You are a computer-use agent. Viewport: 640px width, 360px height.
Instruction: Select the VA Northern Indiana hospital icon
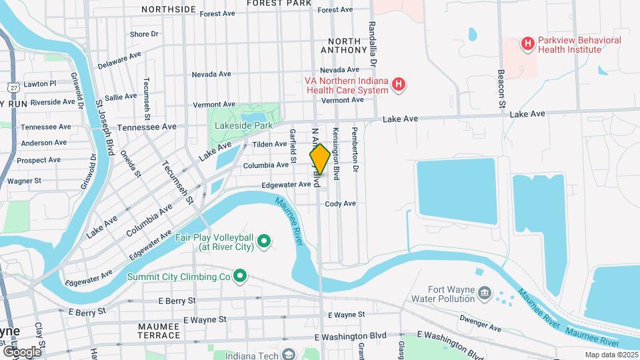coord(399,84)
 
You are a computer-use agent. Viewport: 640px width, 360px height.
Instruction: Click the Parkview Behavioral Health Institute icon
coord(528,45)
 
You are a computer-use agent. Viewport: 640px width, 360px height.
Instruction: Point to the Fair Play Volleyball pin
coord(264,240)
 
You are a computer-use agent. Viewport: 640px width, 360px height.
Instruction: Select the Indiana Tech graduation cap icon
coord(288,354)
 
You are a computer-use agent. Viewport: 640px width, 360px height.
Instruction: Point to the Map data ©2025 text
coord(611,355)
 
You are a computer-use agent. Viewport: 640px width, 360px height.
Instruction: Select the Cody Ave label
coord(341,204)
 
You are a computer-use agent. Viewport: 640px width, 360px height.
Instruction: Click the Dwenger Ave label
coord(484,327)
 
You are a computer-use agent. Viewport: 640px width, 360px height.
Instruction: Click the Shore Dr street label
coord(144,34)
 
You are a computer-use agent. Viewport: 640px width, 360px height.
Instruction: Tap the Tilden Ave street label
coord(269,144)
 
